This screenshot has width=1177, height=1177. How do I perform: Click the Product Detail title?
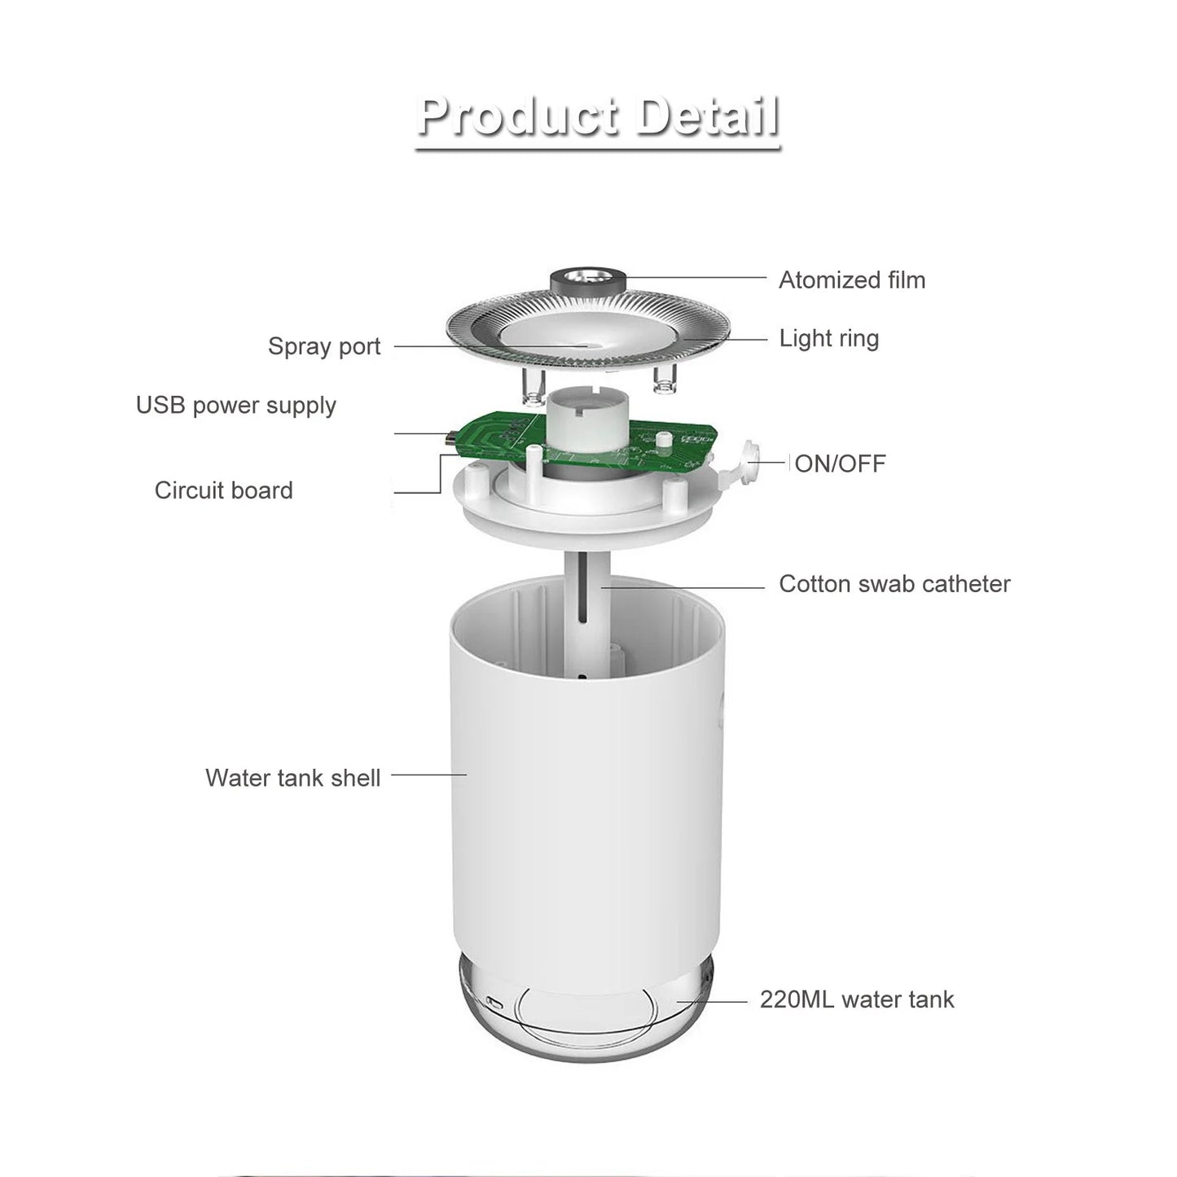(598, 116)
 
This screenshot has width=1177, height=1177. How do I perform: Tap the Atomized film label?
(851, 280)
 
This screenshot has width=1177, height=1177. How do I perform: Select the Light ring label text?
(828, 338)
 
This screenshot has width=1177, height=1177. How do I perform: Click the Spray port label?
(324, 346)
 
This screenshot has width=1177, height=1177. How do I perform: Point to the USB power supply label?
(235, 405)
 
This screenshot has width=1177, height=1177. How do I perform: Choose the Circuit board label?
(223, 490)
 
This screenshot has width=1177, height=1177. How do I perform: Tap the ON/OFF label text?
(839, 463)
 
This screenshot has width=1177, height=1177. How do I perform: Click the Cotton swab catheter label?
(894, 584)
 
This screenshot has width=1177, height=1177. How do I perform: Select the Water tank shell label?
(292, 778)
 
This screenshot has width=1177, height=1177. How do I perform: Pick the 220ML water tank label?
(856, 999)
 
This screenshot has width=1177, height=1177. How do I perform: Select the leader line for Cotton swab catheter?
(684, 585)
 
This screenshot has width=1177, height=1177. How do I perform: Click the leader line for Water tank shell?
(428, 775)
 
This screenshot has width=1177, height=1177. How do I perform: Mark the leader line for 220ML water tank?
(713, 1001)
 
